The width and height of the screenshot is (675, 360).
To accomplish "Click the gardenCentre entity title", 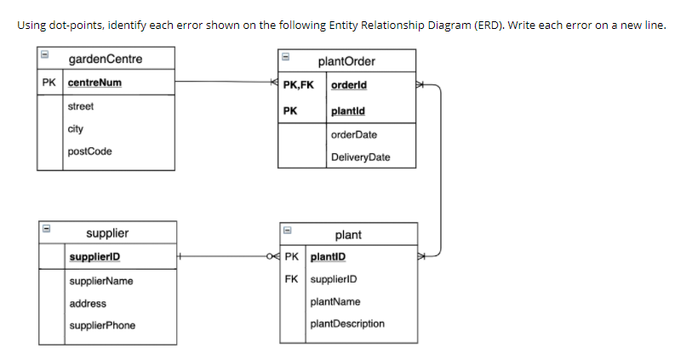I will tap(106, 60).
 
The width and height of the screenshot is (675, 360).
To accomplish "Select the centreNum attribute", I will tap(94, 83).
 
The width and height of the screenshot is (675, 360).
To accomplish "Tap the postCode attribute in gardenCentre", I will tap(89, 151).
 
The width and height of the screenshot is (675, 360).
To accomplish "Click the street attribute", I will tap(81, 106).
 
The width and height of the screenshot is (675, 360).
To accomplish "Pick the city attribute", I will tap(76, 129).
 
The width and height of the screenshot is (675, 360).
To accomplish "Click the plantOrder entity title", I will tap(346, 61).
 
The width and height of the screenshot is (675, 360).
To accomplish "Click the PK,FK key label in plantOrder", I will tap(298, 85).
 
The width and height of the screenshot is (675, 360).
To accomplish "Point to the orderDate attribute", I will tap(354, 134).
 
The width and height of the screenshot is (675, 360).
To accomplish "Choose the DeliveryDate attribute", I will tap(361, 157).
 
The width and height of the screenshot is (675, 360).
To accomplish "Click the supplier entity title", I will tap(108, 233).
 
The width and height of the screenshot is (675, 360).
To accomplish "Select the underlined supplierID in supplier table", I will tap(95, 257).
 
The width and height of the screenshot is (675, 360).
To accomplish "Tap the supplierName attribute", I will tap(101, 281).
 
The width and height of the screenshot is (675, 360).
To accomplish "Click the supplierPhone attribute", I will tap(102, 325).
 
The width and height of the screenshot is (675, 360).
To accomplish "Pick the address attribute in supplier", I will tap(88, 303).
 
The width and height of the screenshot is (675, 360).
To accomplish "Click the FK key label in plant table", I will tap(292, 279).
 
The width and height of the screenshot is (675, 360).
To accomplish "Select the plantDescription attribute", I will tap(347, 323).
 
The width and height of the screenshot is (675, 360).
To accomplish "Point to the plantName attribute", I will tap(335, 301).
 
